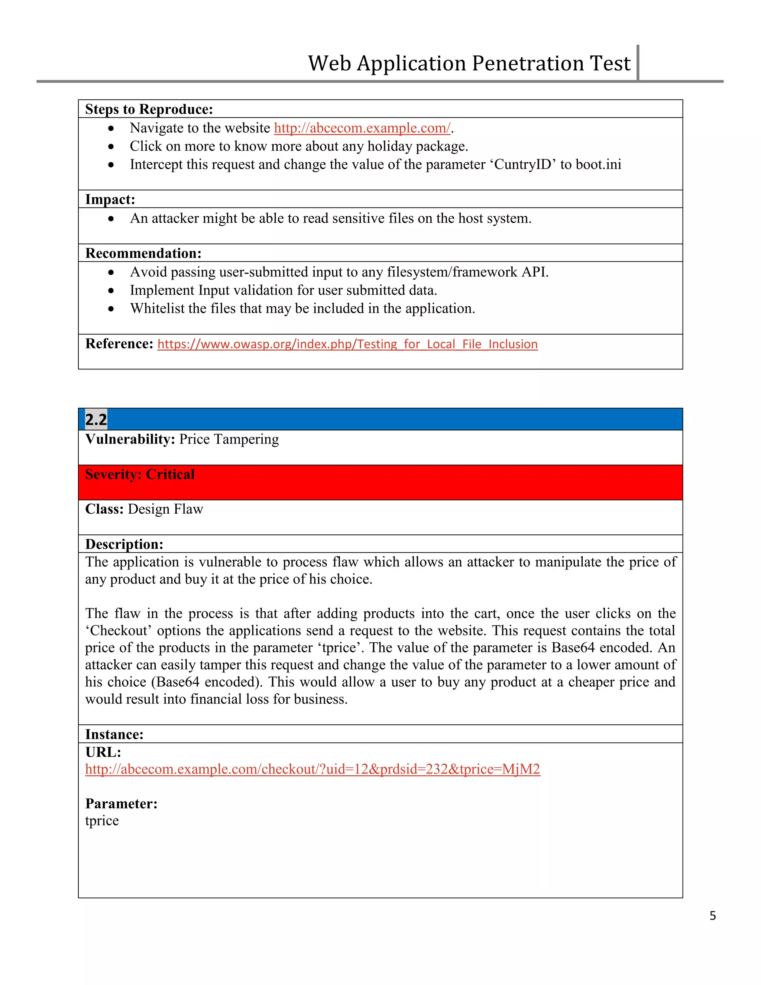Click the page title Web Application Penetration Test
point(469,63)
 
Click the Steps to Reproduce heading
point(149,109)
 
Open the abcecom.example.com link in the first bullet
point(362,128)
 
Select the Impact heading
point(110,199)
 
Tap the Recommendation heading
point(143,253)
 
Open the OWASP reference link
point(347,344)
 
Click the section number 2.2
point(96,419)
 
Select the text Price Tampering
point(229,439)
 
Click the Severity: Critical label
point(140,474)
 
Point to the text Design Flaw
point(165,509)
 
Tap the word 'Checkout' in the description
point(119,630)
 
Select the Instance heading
point(114,734)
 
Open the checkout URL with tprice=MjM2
point(313,769)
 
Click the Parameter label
point(121,804)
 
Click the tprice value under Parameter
point(102,821)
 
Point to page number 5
point(712,915)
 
